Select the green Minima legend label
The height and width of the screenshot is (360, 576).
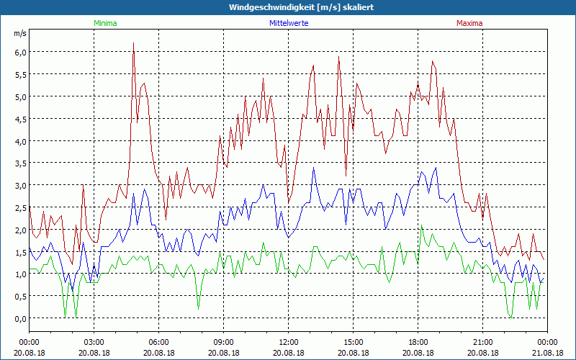104,23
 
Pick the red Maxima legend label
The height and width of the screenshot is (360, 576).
469,23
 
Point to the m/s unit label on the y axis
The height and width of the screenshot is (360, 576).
19,34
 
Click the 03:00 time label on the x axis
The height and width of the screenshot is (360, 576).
94,342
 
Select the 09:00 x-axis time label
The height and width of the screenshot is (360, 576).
223,342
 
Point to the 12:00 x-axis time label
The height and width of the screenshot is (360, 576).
288,342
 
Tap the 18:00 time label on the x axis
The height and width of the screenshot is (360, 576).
418,342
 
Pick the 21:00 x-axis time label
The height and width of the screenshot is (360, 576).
482,342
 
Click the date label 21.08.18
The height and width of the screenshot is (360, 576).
547,353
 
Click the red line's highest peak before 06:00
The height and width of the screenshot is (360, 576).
134,43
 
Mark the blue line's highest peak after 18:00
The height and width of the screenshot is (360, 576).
436,168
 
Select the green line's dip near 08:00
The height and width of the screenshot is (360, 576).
199,308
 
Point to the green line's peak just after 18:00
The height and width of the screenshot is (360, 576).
421,227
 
